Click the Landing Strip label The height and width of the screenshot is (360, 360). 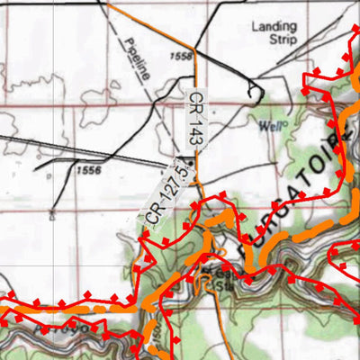tap(273, 33)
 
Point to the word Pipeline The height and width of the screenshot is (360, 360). tap(132, 62)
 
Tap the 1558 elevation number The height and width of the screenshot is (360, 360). tap(180, 56)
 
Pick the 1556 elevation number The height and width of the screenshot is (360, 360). tap(88, 169)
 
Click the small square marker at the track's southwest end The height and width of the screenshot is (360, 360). tap(52, 214)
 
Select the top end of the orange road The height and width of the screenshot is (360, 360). tap(108, 3)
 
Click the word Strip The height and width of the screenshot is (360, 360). tap(273, 40)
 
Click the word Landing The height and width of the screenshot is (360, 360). tap(273, 27)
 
